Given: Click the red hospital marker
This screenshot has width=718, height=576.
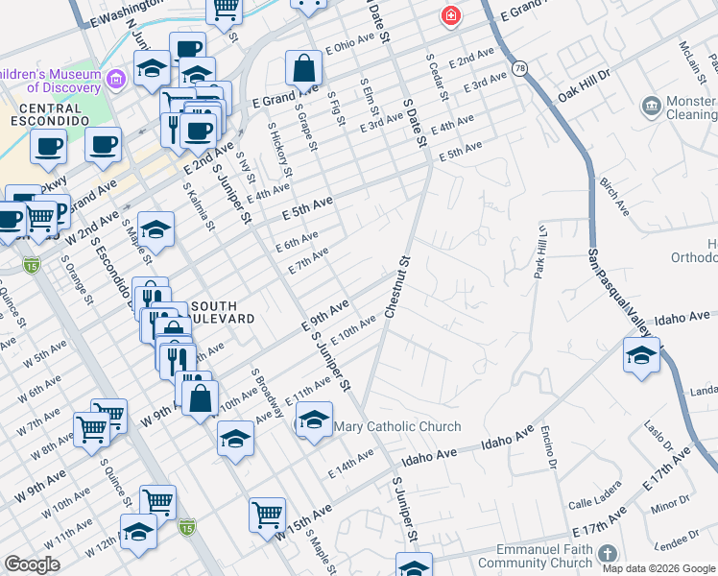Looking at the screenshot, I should (448, 16).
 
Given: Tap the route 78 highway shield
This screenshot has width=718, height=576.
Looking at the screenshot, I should (520, 68).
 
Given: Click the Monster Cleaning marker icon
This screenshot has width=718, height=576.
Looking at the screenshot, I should (651, 105).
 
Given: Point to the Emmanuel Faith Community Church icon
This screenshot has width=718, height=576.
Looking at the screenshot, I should (606, 554).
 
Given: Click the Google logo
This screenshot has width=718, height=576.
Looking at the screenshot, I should (33, 564).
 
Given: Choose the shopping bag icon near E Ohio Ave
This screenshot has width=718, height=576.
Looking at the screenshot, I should (303, 68).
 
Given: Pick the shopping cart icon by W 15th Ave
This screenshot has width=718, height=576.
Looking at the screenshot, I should (268, 514).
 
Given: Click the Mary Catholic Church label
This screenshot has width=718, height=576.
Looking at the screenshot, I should (396, 426).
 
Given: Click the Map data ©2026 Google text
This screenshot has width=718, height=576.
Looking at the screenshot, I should (659, 568).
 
